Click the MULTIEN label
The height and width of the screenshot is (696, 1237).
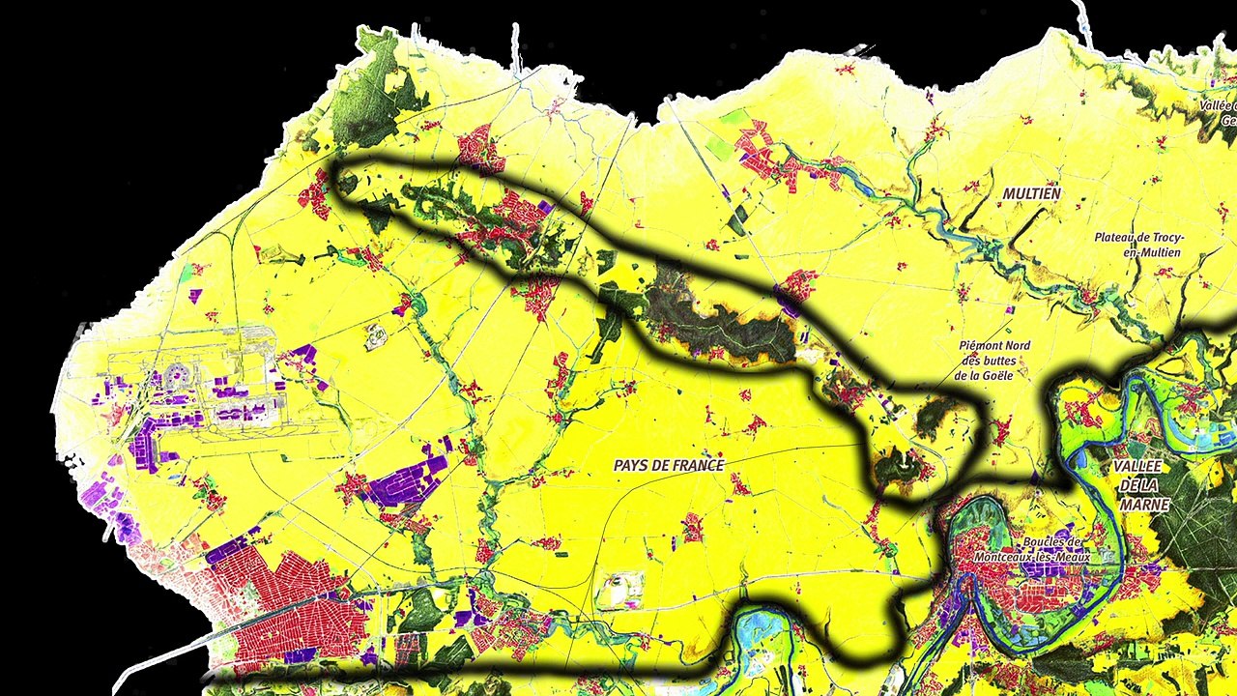(x=1031, y=193)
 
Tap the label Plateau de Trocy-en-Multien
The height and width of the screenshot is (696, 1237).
(x=1139, y=245)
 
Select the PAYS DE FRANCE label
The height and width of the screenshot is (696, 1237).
(x=669, y=465)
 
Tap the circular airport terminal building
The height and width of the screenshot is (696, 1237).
(x=176, y=375)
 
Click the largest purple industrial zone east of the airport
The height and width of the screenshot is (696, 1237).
(x=403, y=481)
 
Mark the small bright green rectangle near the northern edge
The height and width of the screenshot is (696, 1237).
(x=734, y=118)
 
